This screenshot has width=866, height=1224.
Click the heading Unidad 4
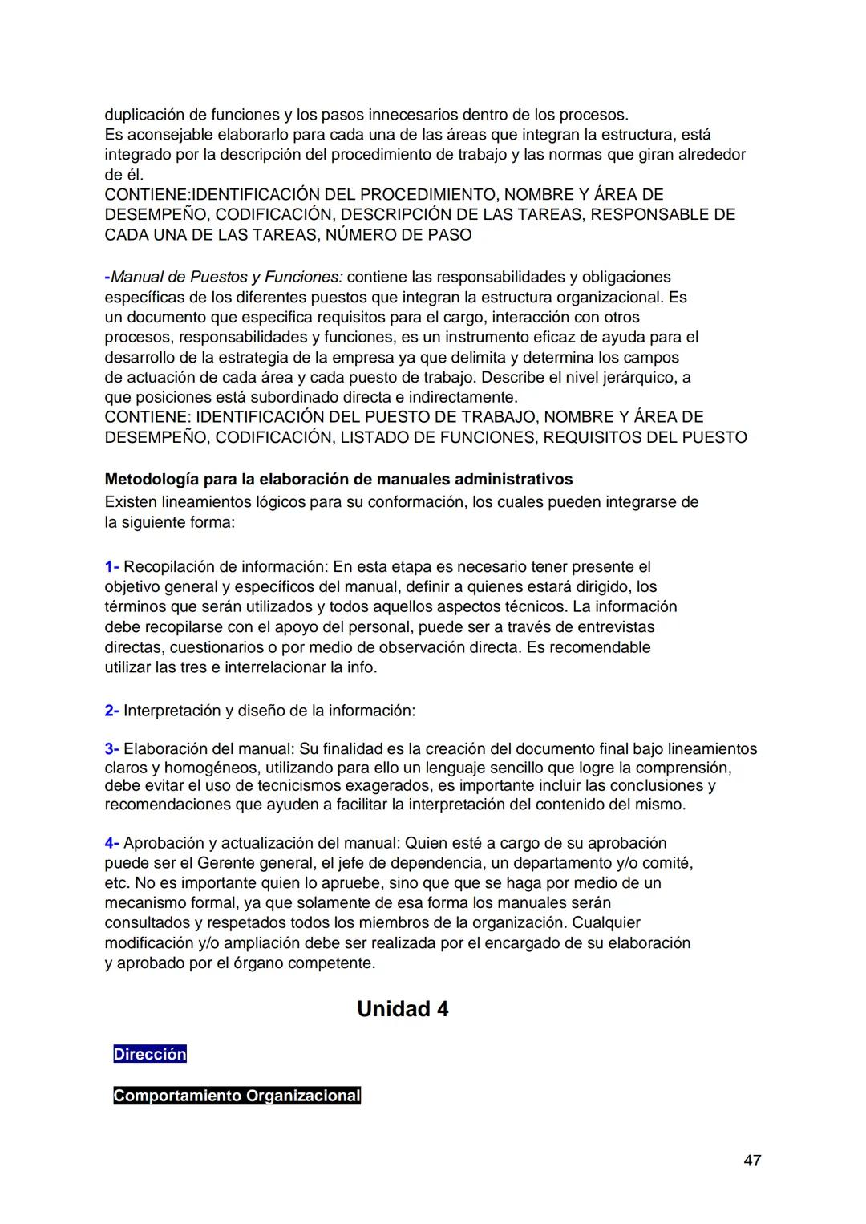403,1009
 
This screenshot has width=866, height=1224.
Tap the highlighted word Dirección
150,1055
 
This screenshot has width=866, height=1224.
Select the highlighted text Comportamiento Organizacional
237,1096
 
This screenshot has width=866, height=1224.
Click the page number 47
752,1161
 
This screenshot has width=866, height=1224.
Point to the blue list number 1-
111,567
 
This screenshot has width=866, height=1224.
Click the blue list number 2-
111,711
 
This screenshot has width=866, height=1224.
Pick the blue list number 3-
111,749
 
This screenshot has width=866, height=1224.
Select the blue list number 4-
111,843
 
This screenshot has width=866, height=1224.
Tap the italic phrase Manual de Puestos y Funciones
227,278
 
